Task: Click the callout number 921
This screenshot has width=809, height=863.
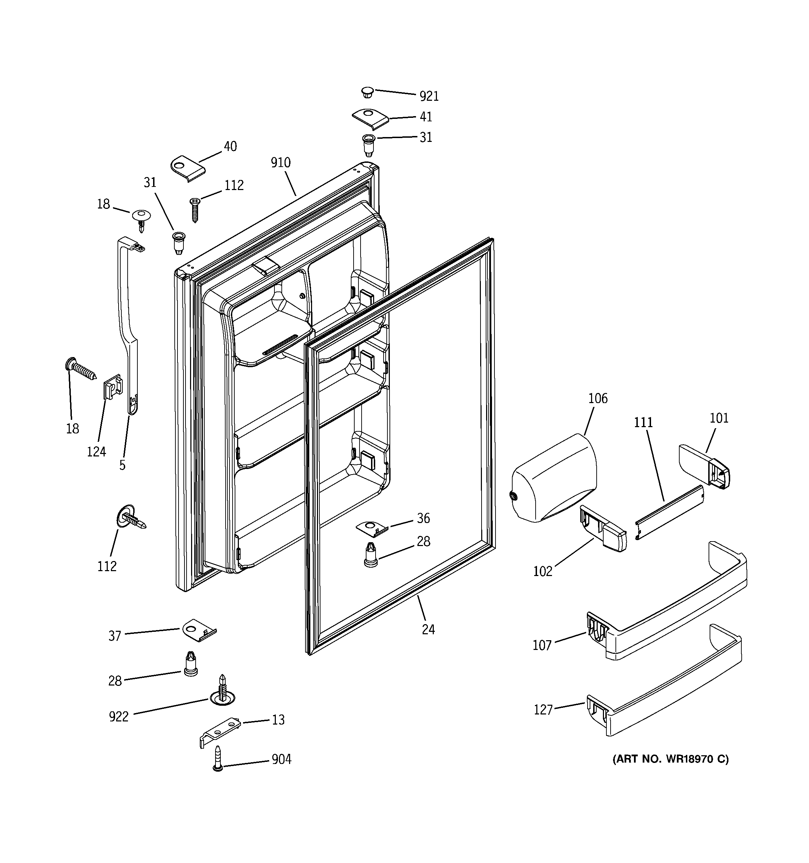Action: [x=429, y=96]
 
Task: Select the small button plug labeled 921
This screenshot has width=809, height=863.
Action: [x=368, y=92]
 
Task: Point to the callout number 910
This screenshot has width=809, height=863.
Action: [x=280, y=163]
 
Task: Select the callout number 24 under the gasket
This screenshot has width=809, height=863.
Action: [x=428, y=629]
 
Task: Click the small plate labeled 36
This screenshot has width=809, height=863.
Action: [x=372, y=528]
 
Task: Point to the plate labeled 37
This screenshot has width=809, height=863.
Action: [x=198, y=630]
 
